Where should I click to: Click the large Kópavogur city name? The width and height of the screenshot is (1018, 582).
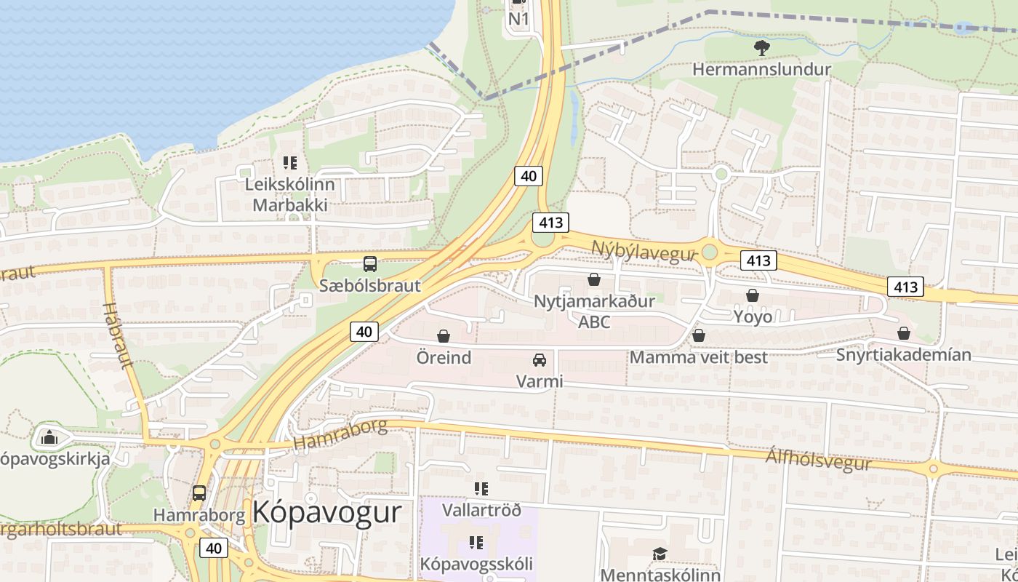326,513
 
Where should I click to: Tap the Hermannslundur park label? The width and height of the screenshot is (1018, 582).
761,70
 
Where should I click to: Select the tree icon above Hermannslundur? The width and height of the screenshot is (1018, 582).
761,48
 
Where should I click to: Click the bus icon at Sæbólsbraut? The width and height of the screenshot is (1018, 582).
370,264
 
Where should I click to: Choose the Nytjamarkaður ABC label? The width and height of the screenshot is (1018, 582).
594,311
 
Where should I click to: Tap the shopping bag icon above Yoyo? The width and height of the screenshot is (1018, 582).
753,295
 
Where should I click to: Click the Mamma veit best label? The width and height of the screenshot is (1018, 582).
698,357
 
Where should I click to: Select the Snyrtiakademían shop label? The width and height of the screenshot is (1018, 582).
903,355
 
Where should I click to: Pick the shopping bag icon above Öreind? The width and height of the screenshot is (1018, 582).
444,336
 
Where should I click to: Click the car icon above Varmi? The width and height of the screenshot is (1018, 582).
539,360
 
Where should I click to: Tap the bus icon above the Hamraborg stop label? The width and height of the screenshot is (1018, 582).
199,493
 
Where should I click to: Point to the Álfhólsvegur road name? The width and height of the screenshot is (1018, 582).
818,460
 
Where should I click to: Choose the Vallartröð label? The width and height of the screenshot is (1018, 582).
481,510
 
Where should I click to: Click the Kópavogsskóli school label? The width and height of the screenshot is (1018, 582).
476,564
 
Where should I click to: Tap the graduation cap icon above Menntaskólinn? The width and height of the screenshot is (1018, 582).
660,554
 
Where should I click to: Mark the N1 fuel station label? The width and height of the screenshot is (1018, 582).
518,19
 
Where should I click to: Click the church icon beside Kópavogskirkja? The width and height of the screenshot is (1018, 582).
49,437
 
